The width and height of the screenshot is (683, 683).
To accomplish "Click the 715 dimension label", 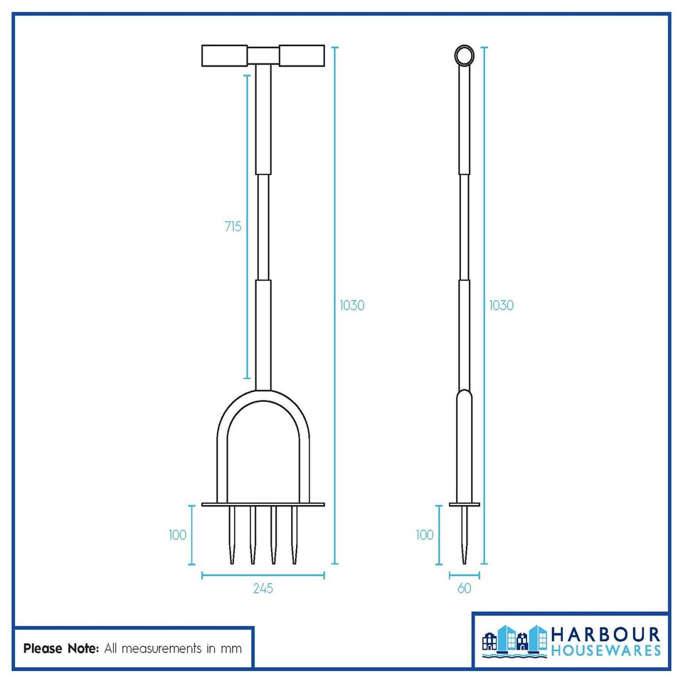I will coord(232,227).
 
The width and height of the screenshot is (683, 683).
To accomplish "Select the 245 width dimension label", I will coord(263,588).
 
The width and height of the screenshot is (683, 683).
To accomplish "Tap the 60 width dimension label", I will coord(464,588).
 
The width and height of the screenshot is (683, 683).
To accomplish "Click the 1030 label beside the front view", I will coord(351,305).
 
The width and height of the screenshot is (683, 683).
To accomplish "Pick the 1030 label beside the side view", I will coord(501,305).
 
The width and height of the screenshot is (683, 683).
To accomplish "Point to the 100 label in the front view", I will coord(178,535).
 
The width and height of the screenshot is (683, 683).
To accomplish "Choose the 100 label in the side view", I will coord(425,535).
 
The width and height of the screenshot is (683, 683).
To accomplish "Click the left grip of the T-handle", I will coord(225,55).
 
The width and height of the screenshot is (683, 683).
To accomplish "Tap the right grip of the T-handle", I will coord(302,55).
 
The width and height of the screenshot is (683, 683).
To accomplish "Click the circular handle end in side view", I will coord(464,55).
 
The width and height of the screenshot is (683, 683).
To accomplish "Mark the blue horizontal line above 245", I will coord(263,575).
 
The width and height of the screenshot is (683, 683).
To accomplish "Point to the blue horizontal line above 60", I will coord(464,575).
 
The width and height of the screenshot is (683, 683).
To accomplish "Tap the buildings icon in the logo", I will coord(514,640).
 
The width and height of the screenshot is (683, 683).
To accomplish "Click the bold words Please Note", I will coord(61,648).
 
